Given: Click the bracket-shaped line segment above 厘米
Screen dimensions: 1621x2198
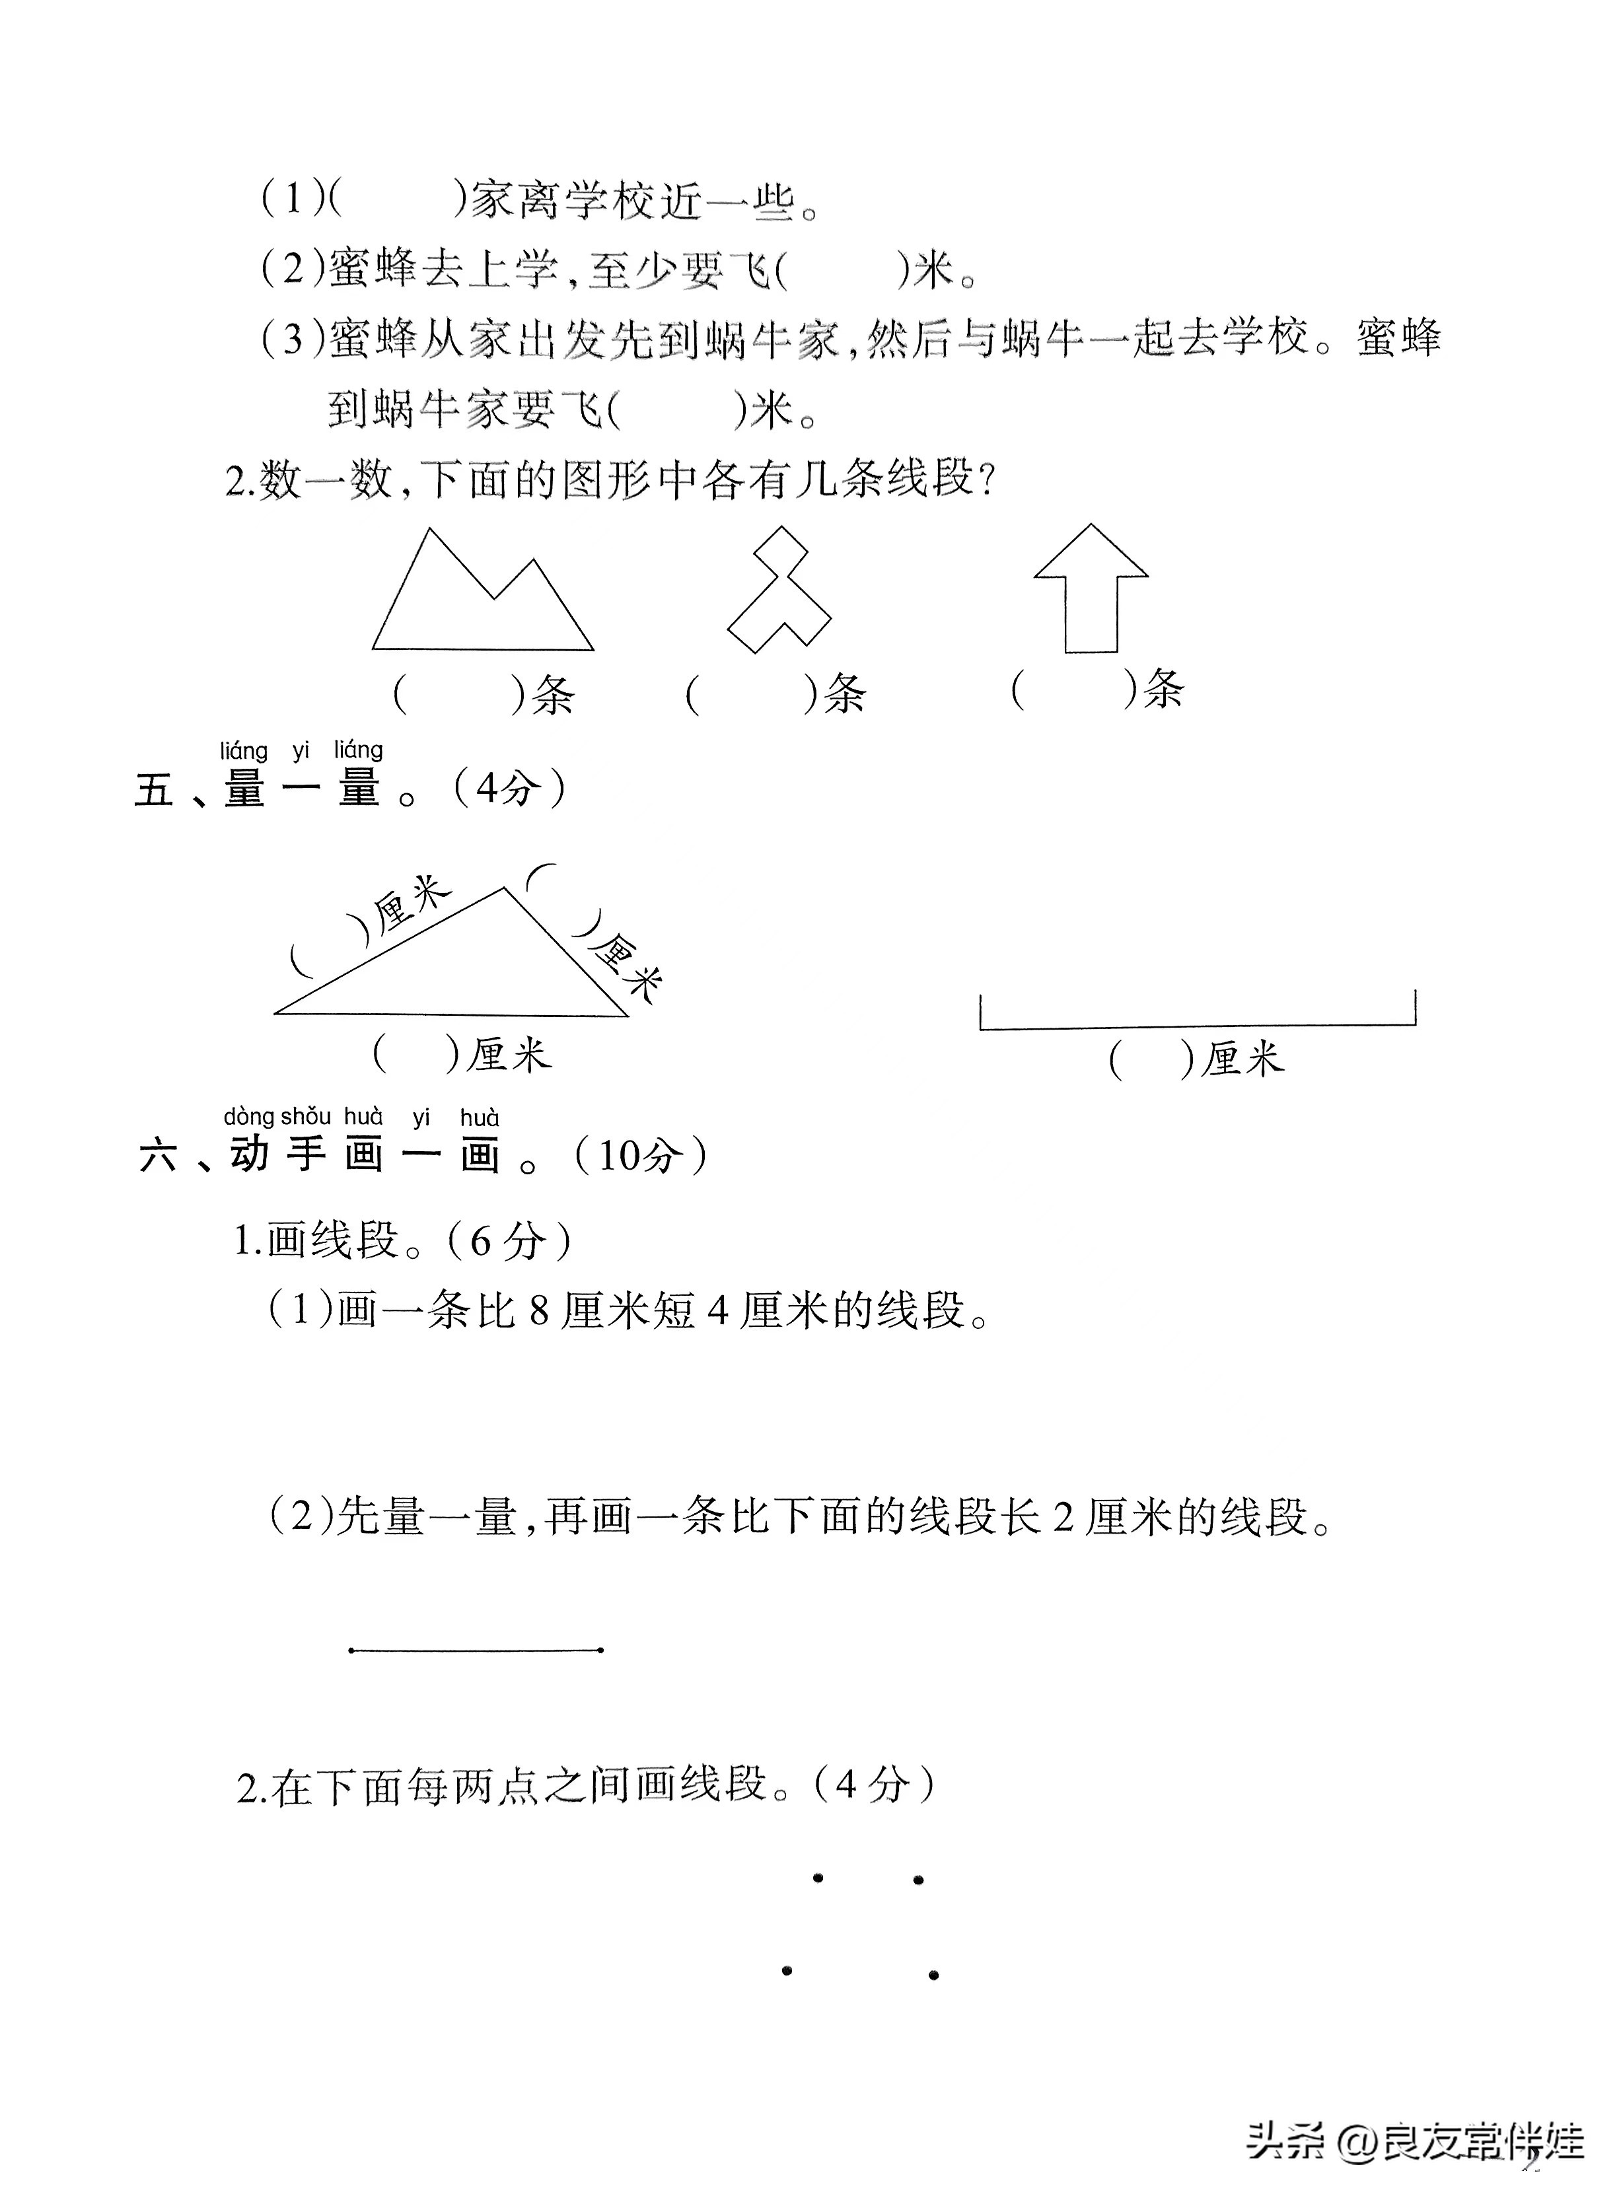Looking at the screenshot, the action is pos(1197,1026).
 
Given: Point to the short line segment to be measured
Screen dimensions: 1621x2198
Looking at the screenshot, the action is pos(475,1650).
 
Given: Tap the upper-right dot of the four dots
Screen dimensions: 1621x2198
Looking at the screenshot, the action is pos(918,1880).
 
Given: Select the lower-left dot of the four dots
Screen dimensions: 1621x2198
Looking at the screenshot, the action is pos(787,1970).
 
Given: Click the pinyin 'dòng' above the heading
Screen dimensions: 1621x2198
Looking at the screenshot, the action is pos(248,1116).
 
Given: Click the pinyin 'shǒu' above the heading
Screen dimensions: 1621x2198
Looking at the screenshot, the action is pos(306,1116).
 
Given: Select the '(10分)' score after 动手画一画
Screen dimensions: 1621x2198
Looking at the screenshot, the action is pos(641,1155).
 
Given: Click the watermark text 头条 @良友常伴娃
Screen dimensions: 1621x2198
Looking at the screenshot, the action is pos(1415,2141).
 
